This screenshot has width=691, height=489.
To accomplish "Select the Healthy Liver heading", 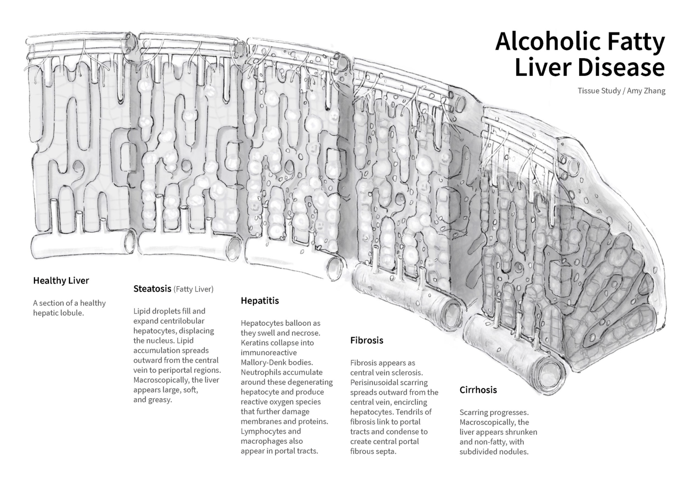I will (61, 280).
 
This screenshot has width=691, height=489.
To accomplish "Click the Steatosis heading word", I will (152, 289).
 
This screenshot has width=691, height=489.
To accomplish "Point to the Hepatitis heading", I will (260, 301).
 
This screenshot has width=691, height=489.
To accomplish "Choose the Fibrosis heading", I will (366, 340).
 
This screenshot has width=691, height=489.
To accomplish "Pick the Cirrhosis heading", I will (478, 390).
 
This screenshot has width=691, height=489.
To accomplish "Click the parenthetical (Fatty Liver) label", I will (193, 289).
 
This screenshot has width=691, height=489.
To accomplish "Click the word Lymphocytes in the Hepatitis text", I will (262, 431).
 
